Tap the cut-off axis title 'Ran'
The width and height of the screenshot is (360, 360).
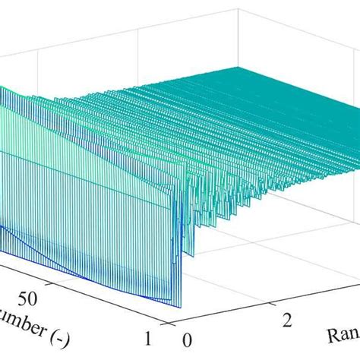[339, 335]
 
